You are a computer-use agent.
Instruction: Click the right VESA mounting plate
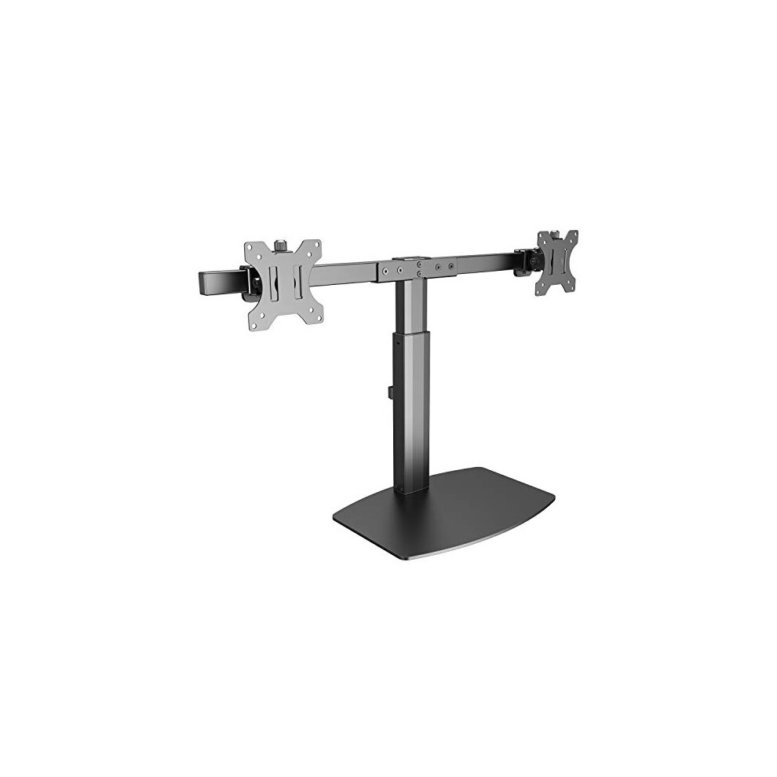coord(556,262)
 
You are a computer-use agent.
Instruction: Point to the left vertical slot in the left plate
coord(272,283)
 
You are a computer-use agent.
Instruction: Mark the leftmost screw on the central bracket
coord(385,270)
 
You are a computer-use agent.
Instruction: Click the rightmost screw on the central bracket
coord(451,267)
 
